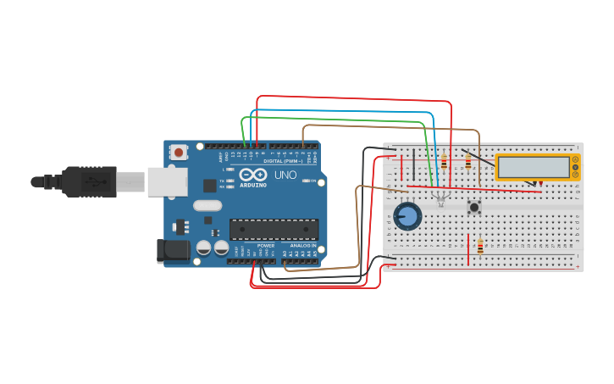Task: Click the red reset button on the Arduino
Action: click(179, 152)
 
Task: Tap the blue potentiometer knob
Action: click(407, 216)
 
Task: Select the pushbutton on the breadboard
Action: click(474, 206)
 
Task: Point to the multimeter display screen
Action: click(534, 167)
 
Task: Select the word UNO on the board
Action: click(285, 175)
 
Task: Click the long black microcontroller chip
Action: click(274, 229)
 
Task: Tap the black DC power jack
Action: click(172, 251)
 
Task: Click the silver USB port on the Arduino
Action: click(167, 181)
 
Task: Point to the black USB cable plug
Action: click(89, 181)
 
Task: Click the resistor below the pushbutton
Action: click(480, 246)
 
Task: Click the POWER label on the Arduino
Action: click(265, 245)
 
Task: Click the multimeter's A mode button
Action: click(575, 159)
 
